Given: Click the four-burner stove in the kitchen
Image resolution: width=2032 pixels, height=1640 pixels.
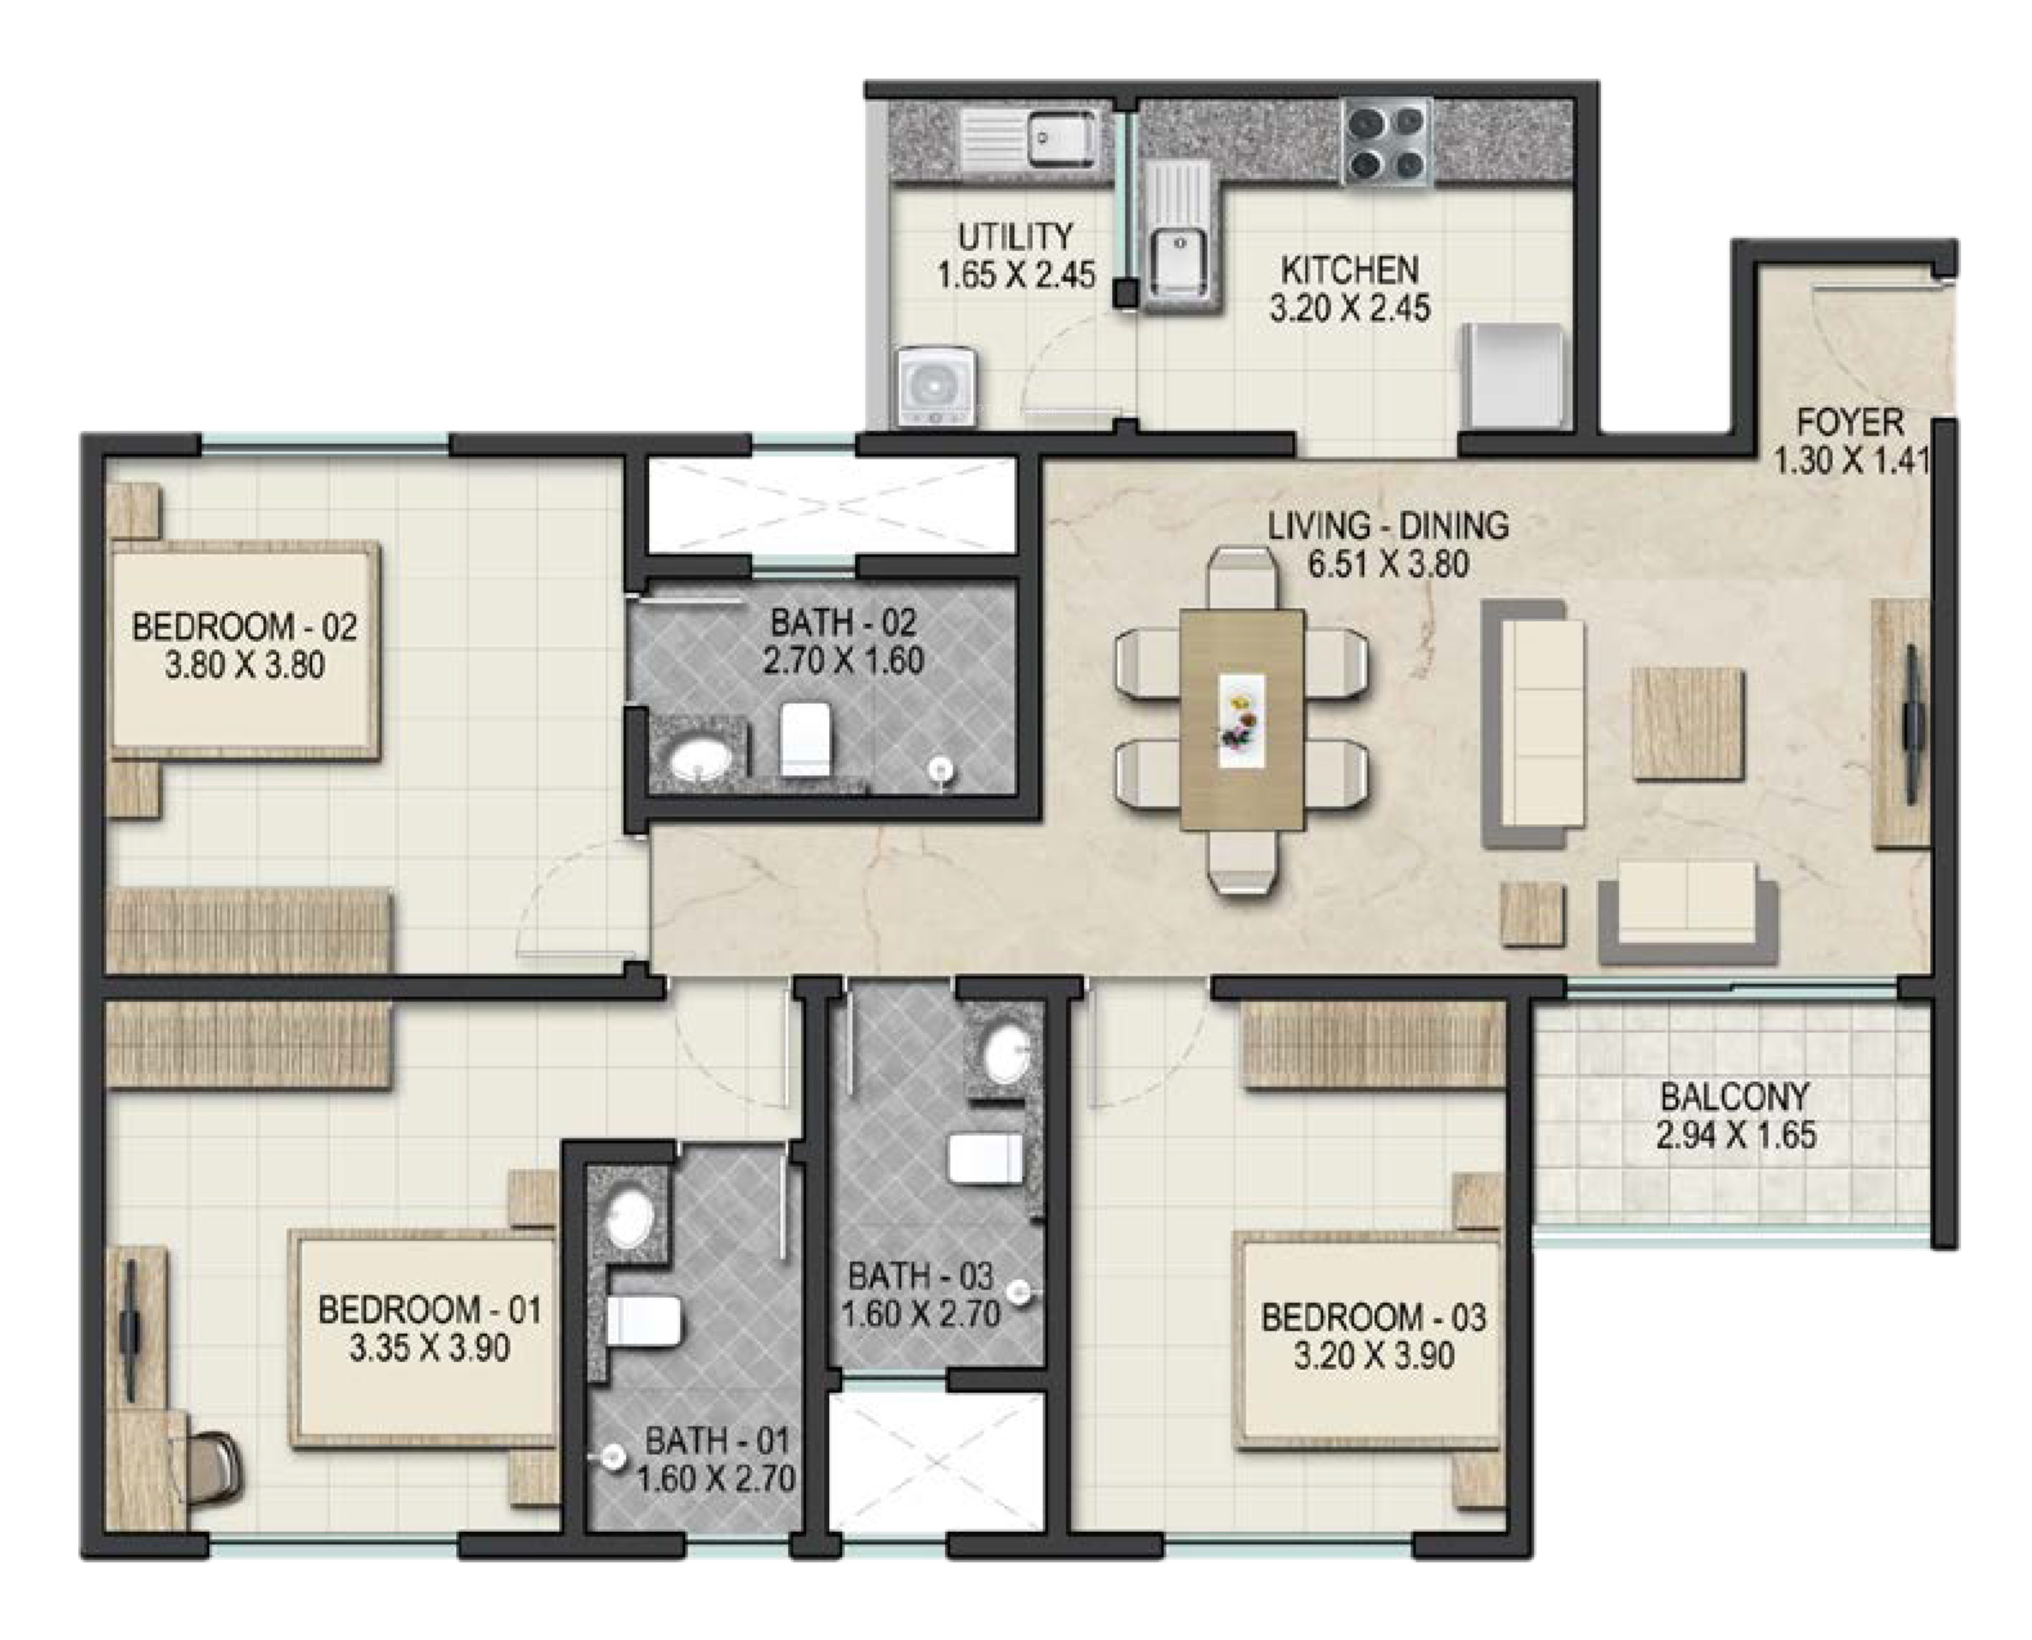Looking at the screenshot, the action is [x=1386, y=143].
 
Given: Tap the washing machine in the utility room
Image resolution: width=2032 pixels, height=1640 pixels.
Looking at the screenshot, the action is [x=936, y=387].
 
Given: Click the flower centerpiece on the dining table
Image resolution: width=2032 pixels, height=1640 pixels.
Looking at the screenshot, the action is [x=1241, y=721].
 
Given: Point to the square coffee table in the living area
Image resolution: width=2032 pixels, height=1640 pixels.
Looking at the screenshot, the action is [x=1688, y=724].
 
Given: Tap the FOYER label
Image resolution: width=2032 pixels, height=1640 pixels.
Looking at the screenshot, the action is [x=1849, y=421].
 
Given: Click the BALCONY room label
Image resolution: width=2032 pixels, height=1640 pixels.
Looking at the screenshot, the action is [x=1734, y=1096].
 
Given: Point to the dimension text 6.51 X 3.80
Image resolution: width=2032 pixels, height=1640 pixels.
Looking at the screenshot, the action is [x=1388, y=564].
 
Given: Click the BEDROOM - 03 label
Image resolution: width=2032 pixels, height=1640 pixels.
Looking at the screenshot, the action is [x=1373, y=1317].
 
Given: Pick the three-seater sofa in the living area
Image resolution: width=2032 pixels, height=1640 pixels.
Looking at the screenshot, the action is [x=1533, y=724].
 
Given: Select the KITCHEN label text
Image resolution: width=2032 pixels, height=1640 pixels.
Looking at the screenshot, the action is [x=1349, y=270].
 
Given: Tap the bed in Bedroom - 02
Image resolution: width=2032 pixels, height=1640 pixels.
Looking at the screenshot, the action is [x=245, y=651].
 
